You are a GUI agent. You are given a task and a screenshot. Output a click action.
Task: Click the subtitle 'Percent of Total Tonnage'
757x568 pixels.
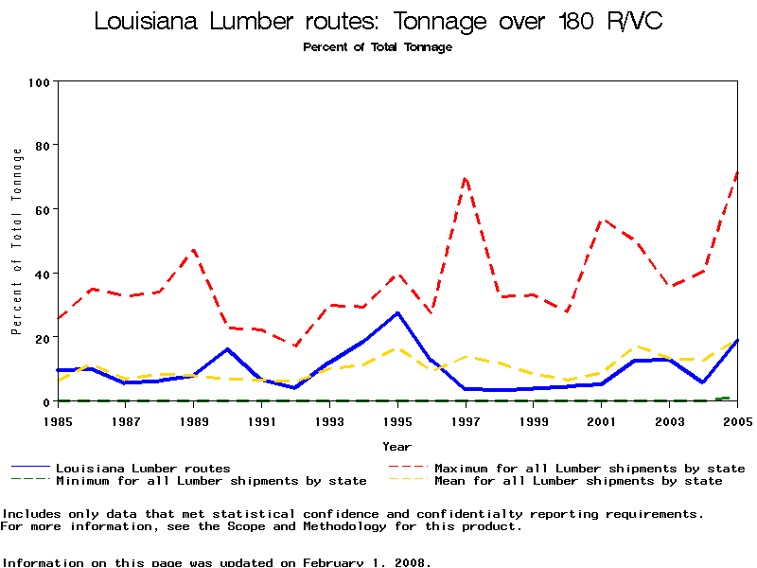tap(378, 47)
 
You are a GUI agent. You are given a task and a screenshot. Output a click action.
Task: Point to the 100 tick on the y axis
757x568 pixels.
tap(39, 81)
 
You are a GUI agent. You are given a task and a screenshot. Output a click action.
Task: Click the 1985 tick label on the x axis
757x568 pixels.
tap(58, 420)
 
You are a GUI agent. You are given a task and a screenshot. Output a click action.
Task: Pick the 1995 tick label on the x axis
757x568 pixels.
tap(397, 420)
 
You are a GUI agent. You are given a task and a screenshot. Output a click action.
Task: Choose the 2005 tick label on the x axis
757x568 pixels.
tap(736, 420)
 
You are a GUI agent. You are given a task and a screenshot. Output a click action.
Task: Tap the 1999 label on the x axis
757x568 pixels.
tap(534, 420)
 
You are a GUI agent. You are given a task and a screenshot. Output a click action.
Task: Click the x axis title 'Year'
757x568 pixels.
tap(397, 446)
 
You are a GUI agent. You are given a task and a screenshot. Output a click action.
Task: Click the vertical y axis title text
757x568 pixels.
tap(17, 241)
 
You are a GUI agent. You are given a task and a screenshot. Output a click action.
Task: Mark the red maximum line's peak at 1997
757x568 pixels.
tap(466, 177)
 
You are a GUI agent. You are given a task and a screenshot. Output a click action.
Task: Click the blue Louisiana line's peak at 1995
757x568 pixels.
tap(397, 312)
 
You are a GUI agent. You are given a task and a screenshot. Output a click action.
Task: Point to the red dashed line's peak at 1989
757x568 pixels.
tap(194, 250)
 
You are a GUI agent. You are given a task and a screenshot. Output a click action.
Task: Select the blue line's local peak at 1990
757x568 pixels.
tap(228, 349)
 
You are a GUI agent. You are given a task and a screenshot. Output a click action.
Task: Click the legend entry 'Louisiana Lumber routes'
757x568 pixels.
tap(142, 468)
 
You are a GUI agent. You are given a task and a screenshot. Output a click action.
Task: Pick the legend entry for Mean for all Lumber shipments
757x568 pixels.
tap(577, 481)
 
